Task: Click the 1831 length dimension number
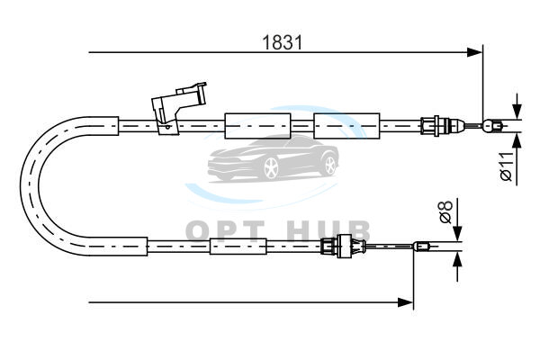[x=282, y=42]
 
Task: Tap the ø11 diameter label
[x=507, y=166]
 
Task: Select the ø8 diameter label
[x=445, y=211]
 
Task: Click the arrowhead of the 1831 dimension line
[x=474, y=52]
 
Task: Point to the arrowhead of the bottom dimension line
[x=405, y=302]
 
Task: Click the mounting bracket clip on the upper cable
[x=178, y=107]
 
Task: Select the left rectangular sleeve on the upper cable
[x=257, y=126]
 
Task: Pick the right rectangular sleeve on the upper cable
[x=346, y=126]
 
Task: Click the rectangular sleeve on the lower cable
[x=238, y=247]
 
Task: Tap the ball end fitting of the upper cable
[x=491, y=126]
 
